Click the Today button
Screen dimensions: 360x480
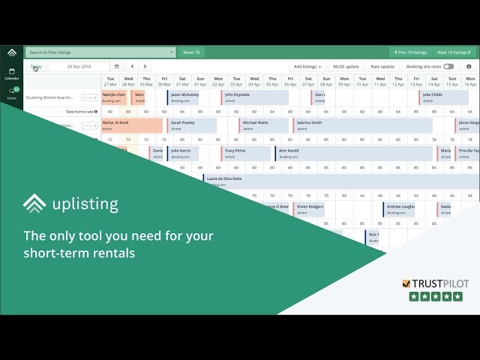point(36,67)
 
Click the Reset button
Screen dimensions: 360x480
point(193,52)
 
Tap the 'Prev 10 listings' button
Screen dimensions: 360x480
point(409,52)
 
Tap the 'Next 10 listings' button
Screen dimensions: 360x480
point(454,52)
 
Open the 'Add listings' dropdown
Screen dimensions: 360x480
point(307,67)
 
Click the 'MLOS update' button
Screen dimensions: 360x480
point(346,67)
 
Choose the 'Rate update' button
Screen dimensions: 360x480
point(382,67)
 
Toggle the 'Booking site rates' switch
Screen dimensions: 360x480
point(448,67)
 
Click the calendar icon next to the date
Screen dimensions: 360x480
point(116,67)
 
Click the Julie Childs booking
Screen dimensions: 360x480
point(443,97)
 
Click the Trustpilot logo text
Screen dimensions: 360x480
point(437,283)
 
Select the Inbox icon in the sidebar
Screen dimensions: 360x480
point(12,93)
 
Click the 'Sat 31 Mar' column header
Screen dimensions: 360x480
point(182,81)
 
